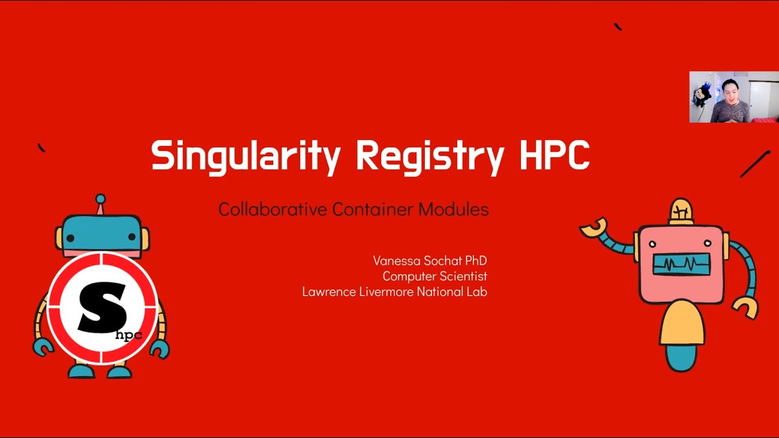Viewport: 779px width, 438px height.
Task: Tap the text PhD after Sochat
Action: pyautogui.click(x=476, y=260)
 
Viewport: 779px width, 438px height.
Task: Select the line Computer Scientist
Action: pyautogui.click(x=435, y=276)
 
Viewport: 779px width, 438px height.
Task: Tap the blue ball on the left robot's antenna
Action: pyautogui.click(x=100, y=199)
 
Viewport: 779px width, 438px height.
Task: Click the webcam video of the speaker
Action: pyautogui.click(x=733, y=97)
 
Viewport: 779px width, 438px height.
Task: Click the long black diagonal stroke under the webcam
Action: pyautogui.click(x=755, y=164)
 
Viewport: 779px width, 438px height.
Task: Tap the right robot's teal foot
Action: pyautogui.click(x=681, y=359)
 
